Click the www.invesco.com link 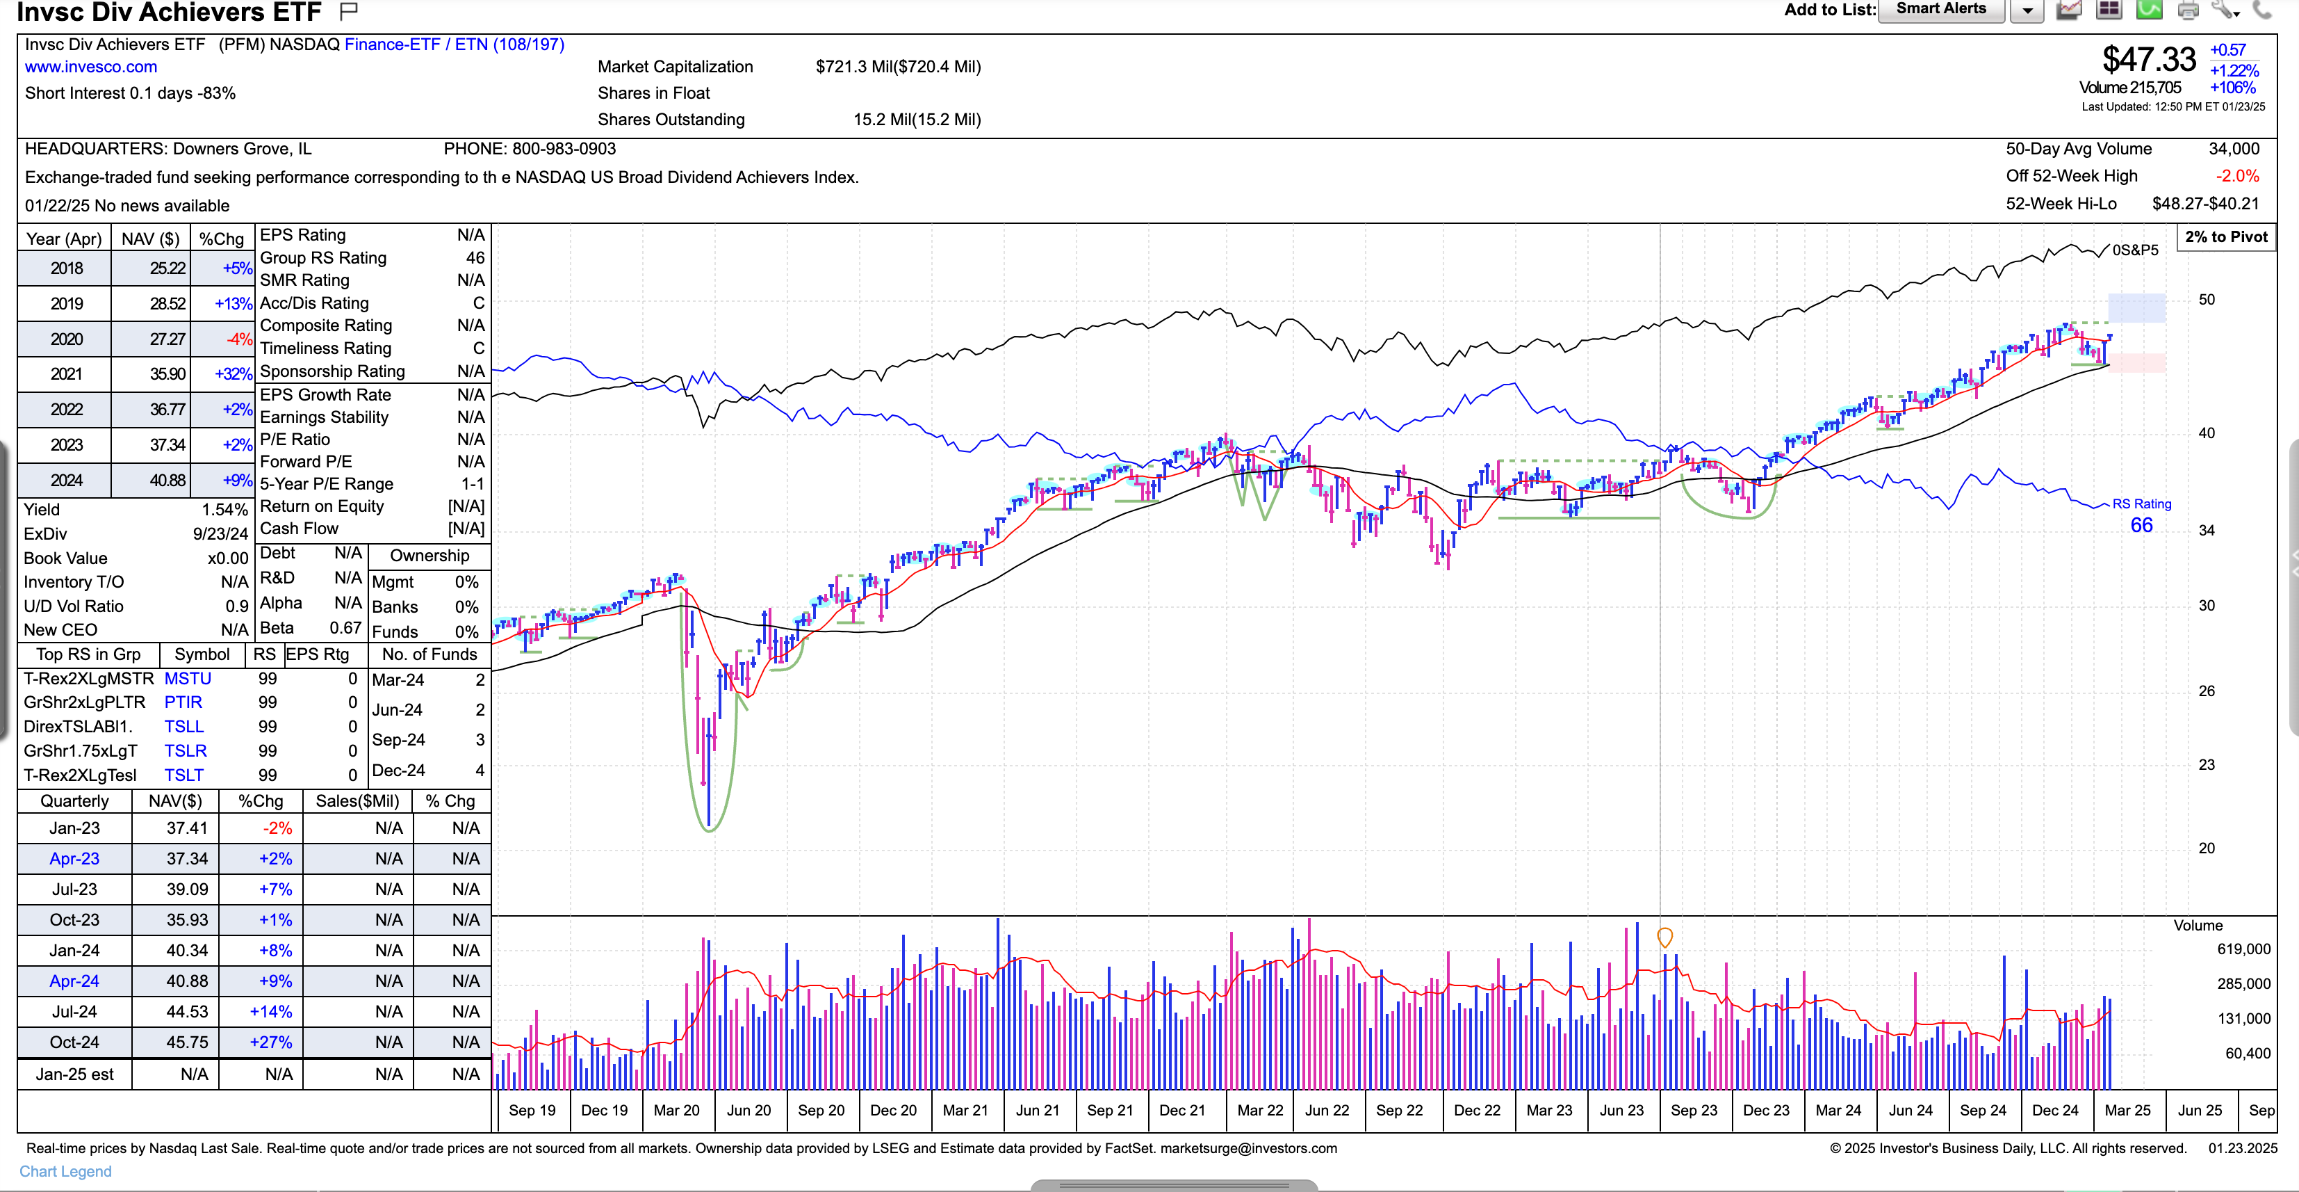(x=91, y=67)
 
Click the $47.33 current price (x=2148, y=61)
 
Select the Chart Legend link (x=65, y=1171)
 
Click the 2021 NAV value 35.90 (x=167, y=374)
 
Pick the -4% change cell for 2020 (x=239, y=339)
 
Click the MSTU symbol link (x=188, y=679)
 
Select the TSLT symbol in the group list (x=184, y=775)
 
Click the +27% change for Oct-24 (x=270, y=1042)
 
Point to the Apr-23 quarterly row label (x=74, y=859)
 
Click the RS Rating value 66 (x=2141, y=526)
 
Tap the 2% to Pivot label (x=2226, y=236)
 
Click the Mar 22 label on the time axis (x=1259, y=1111)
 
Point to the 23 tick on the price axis (x=2206, y=765)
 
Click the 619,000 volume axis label (x=2243, y=949)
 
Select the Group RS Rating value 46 (x=475, y=258)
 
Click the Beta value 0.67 (x=345, y=629)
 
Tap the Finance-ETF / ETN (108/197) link (x=455, y=45)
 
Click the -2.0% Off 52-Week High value (x=2236, y=177)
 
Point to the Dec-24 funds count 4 (x=480, y=771)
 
